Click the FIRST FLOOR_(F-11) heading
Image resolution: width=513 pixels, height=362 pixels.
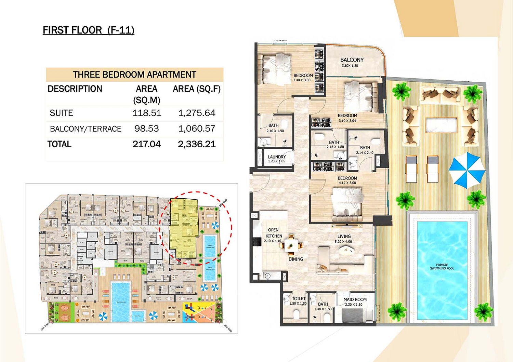click(x=88, y=30)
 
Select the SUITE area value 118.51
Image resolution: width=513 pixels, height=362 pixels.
click(x=146, y=113)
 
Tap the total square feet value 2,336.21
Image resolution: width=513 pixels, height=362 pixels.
click(x=197, y=144)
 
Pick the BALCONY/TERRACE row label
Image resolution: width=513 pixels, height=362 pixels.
click(x=85, y=129)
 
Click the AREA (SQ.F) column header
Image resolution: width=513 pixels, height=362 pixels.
click(x=197, y=89)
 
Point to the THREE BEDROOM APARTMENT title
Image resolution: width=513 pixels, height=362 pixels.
click(x=134, y=75)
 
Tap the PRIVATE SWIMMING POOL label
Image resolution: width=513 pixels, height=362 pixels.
click(x=442, y=267)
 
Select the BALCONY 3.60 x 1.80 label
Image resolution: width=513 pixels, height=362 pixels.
click(x=352, y=62)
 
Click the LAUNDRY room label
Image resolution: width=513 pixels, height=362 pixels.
click(x=277, y=159)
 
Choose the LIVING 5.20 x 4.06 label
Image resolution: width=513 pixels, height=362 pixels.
click(x=344, y=239)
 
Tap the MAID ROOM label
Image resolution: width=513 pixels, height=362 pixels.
click(x=355, y=301)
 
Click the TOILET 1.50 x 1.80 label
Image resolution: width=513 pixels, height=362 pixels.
click(x=298, y=301)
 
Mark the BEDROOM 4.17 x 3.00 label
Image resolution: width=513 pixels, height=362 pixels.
click(x=347, y=180)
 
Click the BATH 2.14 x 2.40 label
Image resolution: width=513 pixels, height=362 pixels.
click(x=365, y=150)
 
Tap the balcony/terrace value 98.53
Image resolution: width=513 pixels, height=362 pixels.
click(x=146, y=129)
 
